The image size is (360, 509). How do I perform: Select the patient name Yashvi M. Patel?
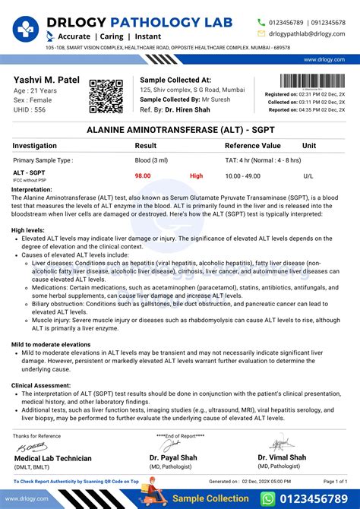[x=47, y=81]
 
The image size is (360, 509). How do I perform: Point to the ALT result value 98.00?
[x=143, y=175]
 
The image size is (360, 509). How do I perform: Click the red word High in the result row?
[x=197, y=175]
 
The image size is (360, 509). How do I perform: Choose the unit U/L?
[x=308, y=175]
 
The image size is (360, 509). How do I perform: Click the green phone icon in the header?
[x=261, y=22]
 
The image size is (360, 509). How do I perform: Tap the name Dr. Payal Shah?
[x=175, y=457]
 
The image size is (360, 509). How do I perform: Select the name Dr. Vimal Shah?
[x=282, y=457]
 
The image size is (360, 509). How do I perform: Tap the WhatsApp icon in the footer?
[x=268, y=498]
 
